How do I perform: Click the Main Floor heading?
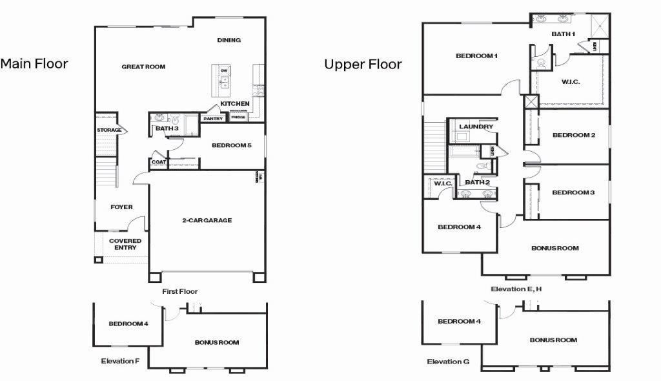pos(34,63)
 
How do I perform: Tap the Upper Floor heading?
pos(363,64)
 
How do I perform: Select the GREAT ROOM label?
pos(143,67)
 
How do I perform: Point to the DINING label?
pos(229,40)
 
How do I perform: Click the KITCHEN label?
pos(235,103)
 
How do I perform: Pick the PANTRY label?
pos(212,119)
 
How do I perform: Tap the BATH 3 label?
pos(167,129)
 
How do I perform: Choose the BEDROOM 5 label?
pos(230,145)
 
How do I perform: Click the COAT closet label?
pos(159,162)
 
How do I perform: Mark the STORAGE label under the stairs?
pos(109,130)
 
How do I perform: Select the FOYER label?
pos(121,207)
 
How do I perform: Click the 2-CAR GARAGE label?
pos(207,220)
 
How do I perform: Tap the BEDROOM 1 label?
pos(476,56)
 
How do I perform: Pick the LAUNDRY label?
pos(478,127)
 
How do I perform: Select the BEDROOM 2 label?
pos(573,135)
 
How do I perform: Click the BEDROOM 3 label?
pos(573,192)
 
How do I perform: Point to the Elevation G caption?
pos(448,362)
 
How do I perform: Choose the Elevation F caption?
pos(120,361)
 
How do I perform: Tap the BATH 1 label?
pos(563,34)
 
